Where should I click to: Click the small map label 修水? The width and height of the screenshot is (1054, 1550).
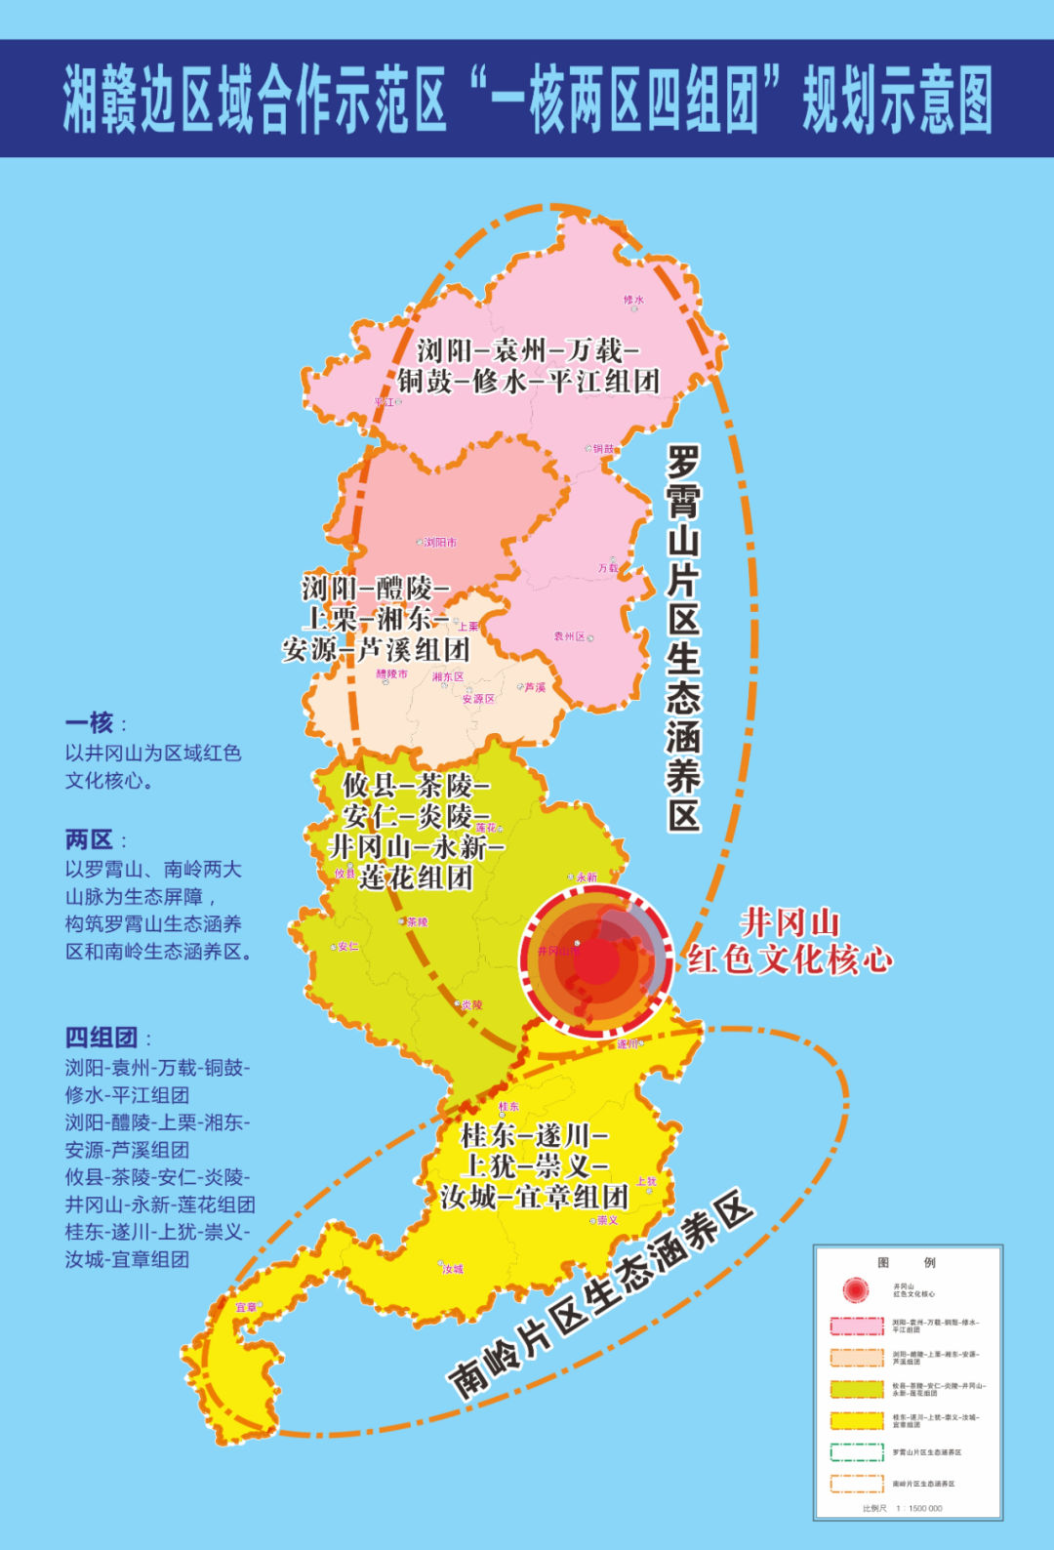633,300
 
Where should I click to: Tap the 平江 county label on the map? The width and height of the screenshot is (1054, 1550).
385,402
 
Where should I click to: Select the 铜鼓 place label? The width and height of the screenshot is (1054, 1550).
605,449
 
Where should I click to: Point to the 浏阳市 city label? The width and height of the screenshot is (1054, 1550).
440,543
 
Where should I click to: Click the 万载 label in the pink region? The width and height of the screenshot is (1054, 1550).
608,568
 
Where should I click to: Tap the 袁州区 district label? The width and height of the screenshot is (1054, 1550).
570,636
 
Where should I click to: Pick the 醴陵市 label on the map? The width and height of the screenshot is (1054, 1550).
392,674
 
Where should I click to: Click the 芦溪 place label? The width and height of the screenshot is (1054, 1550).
535,687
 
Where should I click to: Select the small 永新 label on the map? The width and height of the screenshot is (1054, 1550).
587,877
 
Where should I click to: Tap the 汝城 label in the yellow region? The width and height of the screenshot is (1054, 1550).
453,1269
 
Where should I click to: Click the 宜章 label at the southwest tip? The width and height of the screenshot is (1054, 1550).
246,1307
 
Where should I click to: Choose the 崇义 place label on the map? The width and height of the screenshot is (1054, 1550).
607,1220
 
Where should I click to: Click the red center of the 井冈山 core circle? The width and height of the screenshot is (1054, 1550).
596,961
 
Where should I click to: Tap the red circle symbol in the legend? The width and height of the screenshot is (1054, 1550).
856,1289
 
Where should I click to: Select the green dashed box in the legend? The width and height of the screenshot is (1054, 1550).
856,1451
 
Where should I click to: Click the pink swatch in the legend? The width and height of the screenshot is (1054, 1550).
856,1326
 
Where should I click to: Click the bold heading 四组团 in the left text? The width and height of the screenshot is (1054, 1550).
101,1037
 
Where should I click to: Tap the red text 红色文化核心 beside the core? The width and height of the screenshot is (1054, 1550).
790,960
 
